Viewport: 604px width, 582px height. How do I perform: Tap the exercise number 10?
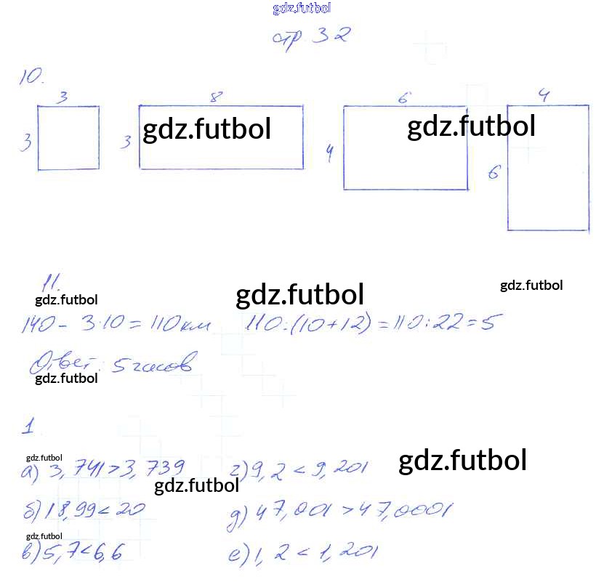pyautogui.click(x=32, y=77)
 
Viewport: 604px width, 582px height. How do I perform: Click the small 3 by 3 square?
pyautogui.click(x=68, y=138)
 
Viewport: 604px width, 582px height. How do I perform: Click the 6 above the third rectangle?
pyautogui.click(x=405, y=97)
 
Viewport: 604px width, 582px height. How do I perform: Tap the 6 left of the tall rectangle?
pyautogui.click(x=494, y=172)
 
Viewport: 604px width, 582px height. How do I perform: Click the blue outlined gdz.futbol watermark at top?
pyautogui.click(x=302, y=8)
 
